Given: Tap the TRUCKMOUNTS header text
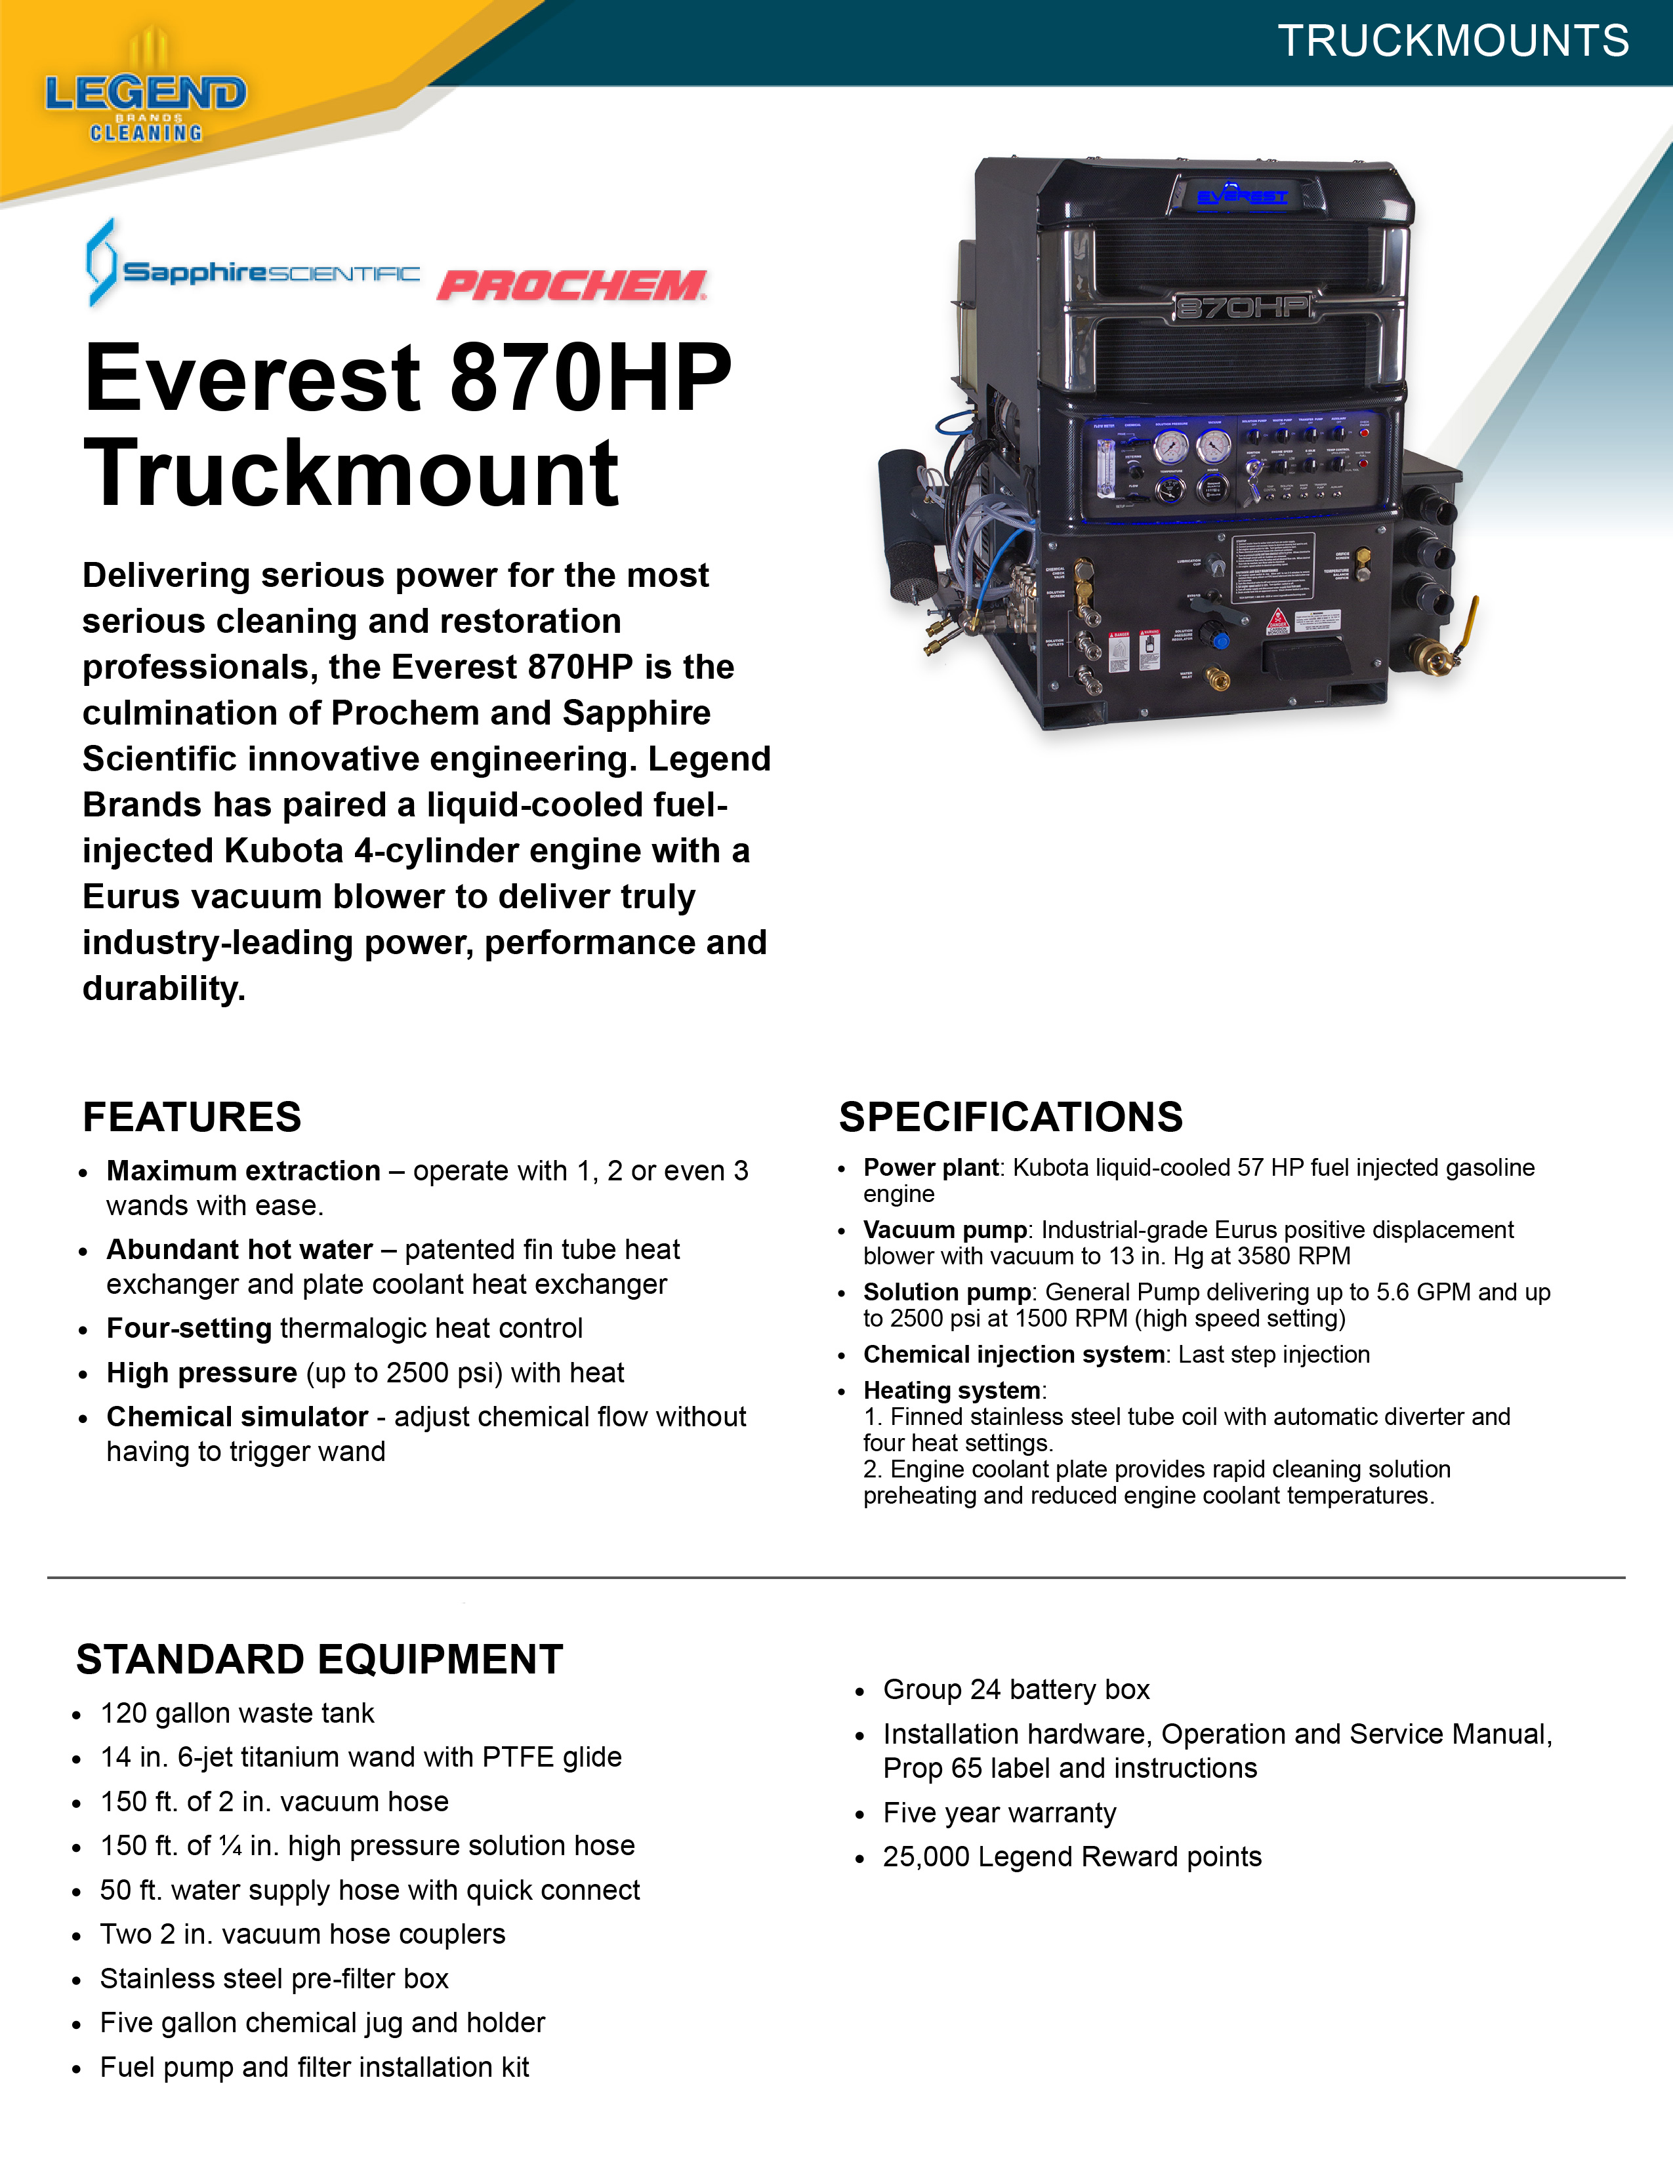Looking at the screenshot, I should click(1453, 41).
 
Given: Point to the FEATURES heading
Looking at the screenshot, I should click(192, 1117).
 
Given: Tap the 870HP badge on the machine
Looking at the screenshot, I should click(1243, 307).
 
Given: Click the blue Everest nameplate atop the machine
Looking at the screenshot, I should click(1242, 196).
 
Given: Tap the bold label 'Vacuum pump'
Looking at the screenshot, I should click(945, 1230).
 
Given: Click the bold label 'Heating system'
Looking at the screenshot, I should click(951, 1390).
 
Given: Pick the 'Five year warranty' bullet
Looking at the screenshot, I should click(999, 1813).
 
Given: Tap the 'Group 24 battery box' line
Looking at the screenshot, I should click(1016, 1689).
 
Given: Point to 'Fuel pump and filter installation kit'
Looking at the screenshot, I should click(314, 2067).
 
